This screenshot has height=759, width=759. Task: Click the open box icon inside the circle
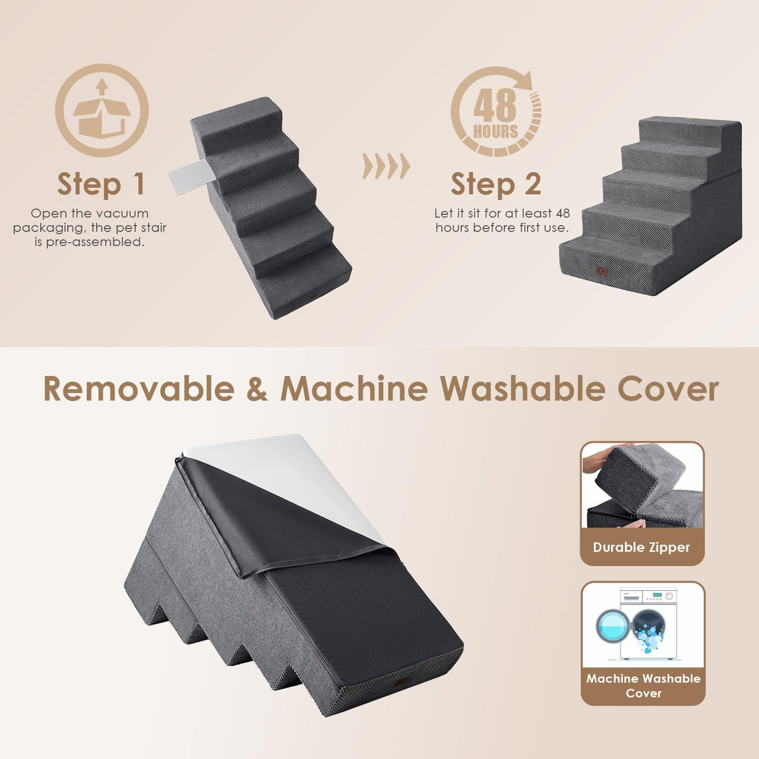pos(102,118)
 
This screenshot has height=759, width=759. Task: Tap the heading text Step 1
pos(101,184)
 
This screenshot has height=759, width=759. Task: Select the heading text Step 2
pos(495,184)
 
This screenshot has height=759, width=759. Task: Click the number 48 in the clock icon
pos(495,105)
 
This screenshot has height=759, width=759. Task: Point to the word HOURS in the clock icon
pos(495,132)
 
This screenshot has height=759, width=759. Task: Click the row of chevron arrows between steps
pos(386,166)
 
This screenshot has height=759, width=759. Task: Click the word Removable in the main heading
pos(139,389)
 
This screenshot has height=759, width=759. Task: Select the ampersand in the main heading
pos(257,389)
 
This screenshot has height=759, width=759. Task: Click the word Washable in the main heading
pos(523,389)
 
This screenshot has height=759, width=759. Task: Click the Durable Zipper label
pos(641,547)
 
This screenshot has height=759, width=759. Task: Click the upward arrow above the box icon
pos(102,86)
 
